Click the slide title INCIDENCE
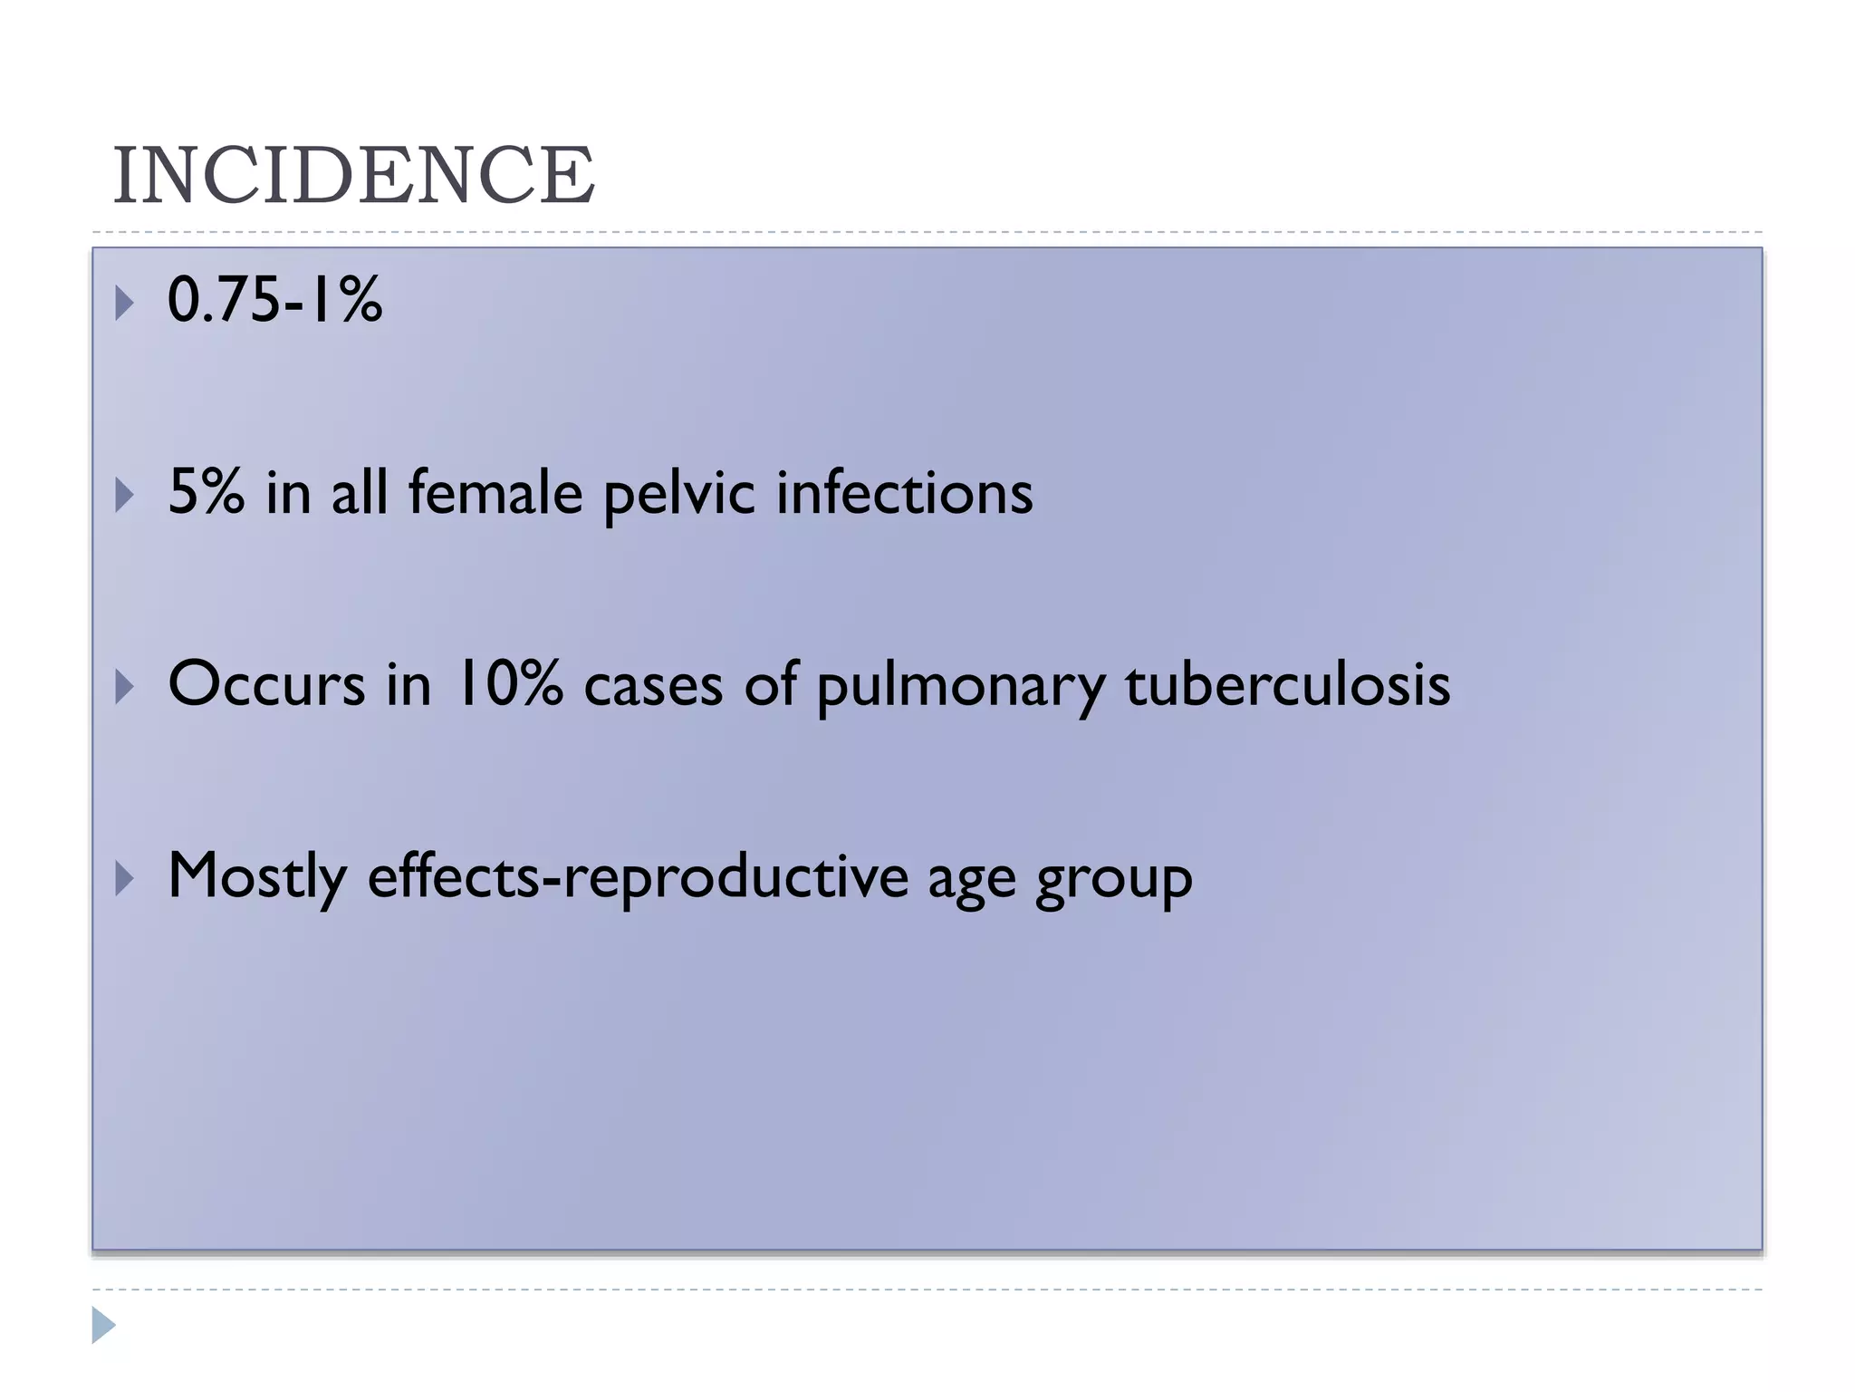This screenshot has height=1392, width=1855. (353, 175)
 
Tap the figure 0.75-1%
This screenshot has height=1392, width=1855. (274, 300)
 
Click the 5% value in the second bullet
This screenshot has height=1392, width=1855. (207, 492)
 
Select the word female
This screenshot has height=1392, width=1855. (495, 492)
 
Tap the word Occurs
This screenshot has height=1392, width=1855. (266, 684)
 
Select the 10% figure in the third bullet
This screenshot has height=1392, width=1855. (509, 684)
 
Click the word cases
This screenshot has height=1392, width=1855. (653, 686)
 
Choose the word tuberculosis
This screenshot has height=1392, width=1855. (1287, 684)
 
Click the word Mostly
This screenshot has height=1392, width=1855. (257, 877)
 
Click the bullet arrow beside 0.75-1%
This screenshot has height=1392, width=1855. (124, 303)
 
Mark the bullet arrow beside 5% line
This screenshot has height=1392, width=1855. (124, 495)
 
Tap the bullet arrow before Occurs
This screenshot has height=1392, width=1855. (124, 687)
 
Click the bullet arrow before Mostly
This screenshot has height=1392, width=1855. (124, 879)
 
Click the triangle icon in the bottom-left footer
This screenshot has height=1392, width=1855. (103, 1325)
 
